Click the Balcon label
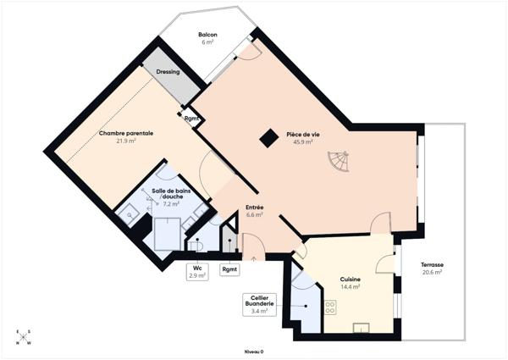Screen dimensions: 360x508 coord(207,35)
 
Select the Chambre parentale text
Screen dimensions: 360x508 coord(126,134)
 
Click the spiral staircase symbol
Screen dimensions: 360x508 coord(338,160)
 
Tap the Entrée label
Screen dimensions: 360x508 coord(255,208)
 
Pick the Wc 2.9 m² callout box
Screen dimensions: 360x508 coord(196,272)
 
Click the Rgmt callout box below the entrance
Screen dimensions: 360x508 coord(229,269)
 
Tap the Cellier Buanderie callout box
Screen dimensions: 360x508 coord(258,304)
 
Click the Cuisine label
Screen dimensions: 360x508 coord(351,280)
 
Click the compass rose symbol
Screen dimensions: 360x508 coord(22,337)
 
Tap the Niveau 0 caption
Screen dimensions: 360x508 coord(254,351)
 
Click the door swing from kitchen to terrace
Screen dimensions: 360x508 coord(386,263)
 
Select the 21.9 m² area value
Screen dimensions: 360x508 coord(126,141)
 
